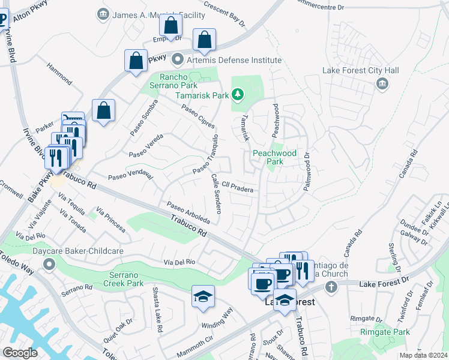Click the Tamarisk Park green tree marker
[x=238, y=95]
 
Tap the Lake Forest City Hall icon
[x=382, y=85]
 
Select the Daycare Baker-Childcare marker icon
[x=49, y=264]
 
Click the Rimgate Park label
[x=385, y=332]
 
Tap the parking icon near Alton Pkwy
[x=2, y=20]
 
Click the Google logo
[x=20, y=352]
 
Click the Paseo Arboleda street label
[x=188, y=212]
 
